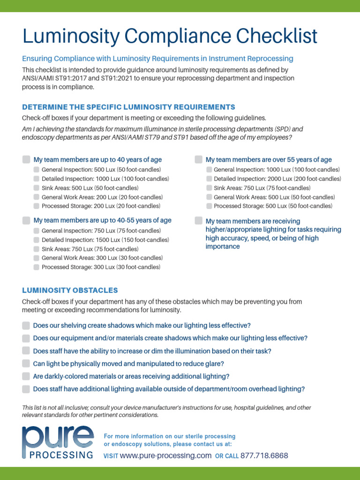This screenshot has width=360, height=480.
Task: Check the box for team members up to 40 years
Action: [26, 159]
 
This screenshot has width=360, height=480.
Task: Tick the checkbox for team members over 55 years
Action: [199, 159]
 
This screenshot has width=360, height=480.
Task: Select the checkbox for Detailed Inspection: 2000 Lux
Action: [209, 179]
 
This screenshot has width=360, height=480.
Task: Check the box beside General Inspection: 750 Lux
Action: [37, 231]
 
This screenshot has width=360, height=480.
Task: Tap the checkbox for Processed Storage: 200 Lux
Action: [37, 206]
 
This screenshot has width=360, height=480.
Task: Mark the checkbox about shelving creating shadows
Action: [26, 325]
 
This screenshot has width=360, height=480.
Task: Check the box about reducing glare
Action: [26, 363]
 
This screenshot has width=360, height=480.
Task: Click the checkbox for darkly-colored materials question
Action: [26, 376]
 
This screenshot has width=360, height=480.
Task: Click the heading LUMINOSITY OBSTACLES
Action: [70, 291]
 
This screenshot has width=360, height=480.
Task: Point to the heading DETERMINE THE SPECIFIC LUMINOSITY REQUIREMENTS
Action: [128, 107]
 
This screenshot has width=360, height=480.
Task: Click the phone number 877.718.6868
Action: [264, 456]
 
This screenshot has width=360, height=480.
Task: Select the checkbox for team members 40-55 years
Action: [26, 220]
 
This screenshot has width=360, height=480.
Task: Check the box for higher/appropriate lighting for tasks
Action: [199, 221]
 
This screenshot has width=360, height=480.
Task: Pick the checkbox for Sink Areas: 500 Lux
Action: [37, 187]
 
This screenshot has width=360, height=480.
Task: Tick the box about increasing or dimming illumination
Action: [26, 351]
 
